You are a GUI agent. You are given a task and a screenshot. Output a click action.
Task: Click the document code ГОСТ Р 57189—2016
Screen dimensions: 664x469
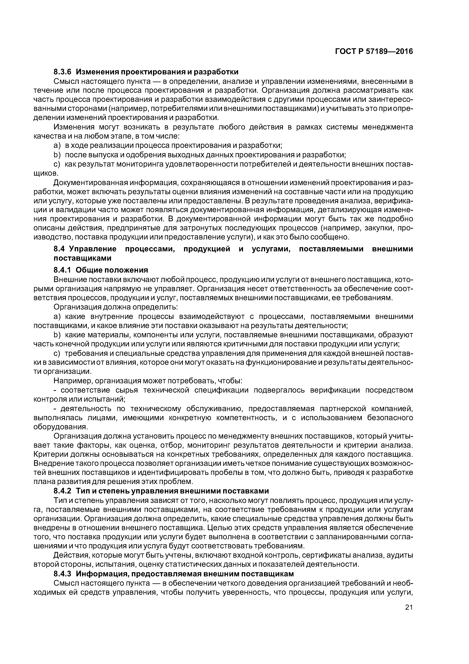point(374,51)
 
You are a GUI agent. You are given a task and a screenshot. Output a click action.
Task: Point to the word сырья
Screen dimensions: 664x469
point(127,390)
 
